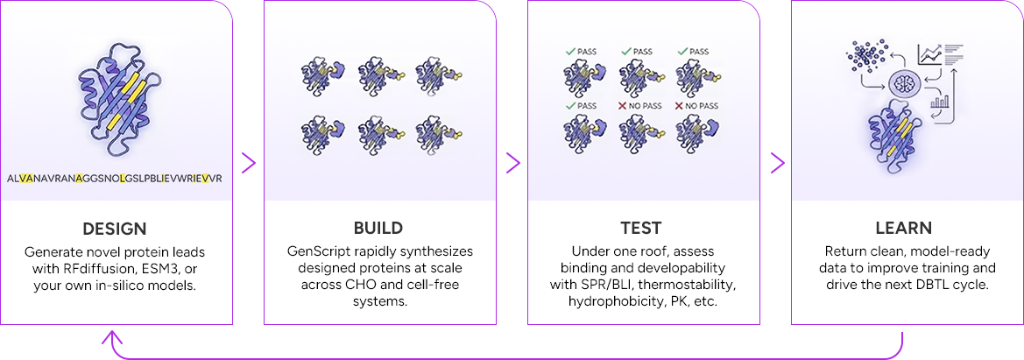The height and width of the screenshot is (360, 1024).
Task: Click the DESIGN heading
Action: [115, 229]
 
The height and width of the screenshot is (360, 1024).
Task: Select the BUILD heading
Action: [378, 229]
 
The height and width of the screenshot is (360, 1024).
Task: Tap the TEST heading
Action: [642, 229]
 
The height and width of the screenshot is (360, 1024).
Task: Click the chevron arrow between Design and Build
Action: [249, 162]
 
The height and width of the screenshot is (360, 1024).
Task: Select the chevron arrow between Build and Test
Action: [513, 162]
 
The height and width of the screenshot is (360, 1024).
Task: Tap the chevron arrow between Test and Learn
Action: [777, 162]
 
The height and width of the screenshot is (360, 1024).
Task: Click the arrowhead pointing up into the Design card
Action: [110, 336]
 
